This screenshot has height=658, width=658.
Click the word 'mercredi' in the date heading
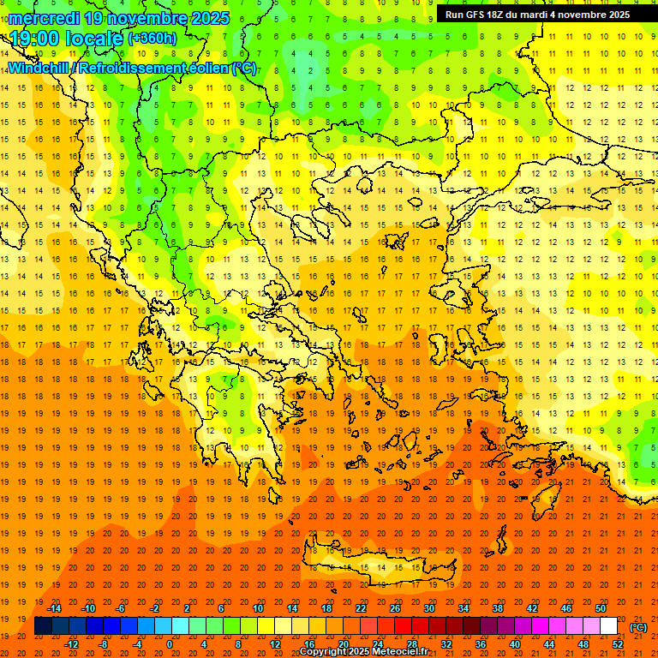pyautogui.click(x=44, y=18)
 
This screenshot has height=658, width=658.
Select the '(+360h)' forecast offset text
pyautogui.click(x=153, y=38)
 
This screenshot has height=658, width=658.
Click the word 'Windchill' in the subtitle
pyautogui.click(x=39, y=68)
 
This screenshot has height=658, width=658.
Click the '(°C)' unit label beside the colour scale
pyautogui.click(x=638, y=627)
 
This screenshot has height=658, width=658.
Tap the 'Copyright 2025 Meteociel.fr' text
pyautogui.click(x=363, y=652)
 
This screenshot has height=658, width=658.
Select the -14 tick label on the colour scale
pyautogui.click(x=55, y=608)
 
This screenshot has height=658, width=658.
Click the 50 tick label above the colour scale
pyautogui.click(x=601, y=608)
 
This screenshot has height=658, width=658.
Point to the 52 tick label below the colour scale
pyautogui.click(x=618, y=643)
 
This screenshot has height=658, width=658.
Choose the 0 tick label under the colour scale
pyautogui.click(x=170, y=643)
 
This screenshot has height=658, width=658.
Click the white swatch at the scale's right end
pyautogui.click(x=608, y=626)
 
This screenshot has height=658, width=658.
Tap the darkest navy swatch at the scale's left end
pyautogui.click(x=43, y=626)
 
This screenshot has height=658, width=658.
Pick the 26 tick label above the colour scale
pyautogui.click(x=395, y=608)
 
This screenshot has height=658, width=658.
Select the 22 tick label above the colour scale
pyautogui.click(x=361, y=608)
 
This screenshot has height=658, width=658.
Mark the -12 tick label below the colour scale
pyautogui.click(x=72, y=643)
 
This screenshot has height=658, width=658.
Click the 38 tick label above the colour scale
pyautogui.click(x=498, y=608)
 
